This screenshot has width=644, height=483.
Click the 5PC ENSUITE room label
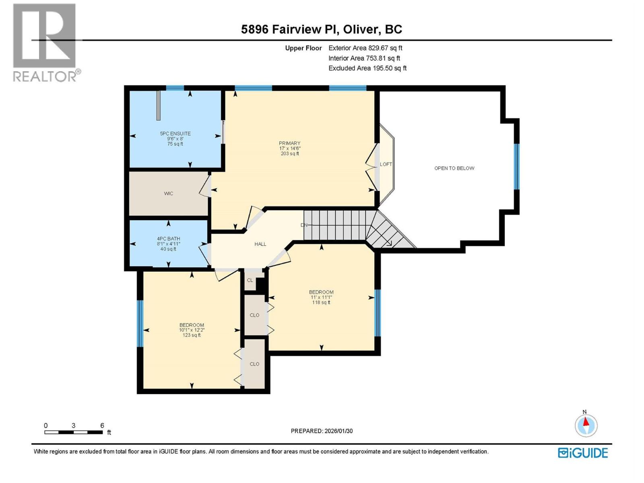coord(175,134)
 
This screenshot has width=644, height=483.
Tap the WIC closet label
coord(168,194)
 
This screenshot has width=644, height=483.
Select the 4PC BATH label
coord(168,239)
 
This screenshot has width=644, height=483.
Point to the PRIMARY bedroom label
coord(289,143)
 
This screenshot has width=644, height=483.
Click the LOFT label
coord(386,164)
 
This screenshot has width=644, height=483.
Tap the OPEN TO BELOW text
coord(454,168)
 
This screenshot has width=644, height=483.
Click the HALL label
coord(260,244)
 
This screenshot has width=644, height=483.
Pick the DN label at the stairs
coord(304,225)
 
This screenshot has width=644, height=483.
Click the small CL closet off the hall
coord(250,280)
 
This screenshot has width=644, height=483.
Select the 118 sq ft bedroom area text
coord(321,303)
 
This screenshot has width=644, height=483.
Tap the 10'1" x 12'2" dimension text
coord(192,330)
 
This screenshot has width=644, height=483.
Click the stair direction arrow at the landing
coord(388,242)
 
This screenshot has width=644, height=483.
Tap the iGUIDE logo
coord(582,453)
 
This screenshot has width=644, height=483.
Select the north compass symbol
coord(586,425)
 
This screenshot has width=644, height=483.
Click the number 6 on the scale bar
coord(102,425)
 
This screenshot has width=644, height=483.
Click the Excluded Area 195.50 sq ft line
coord(367,68)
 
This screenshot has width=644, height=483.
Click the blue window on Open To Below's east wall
coord(516,166)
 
